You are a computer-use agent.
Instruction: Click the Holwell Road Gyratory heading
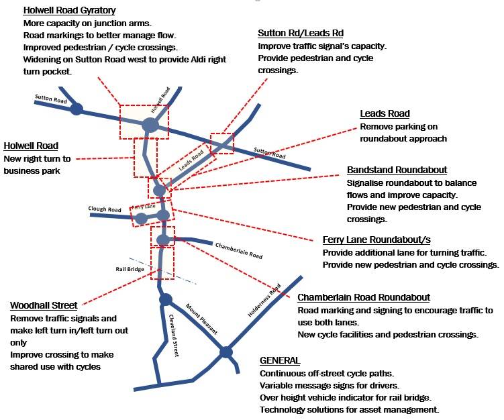click(x=69, y=11)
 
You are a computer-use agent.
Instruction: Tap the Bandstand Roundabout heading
click(x=397, y=170)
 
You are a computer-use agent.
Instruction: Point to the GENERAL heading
click(x=280, y=360)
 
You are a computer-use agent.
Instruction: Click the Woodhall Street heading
click(x=44, y=305)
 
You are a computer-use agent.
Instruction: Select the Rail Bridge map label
click(x=130, y=269)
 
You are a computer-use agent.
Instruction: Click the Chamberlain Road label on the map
click(x=239, y=251)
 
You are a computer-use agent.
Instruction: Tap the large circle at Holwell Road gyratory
click(x=150, y=125)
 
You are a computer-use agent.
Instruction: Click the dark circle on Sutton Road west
click(x=77, y=109)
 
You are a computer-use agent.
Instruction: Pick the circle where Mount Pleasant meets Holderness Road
click(x=226, y=352)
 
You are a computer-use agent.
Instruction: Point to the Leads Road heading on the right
click(x=385, y=113)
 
